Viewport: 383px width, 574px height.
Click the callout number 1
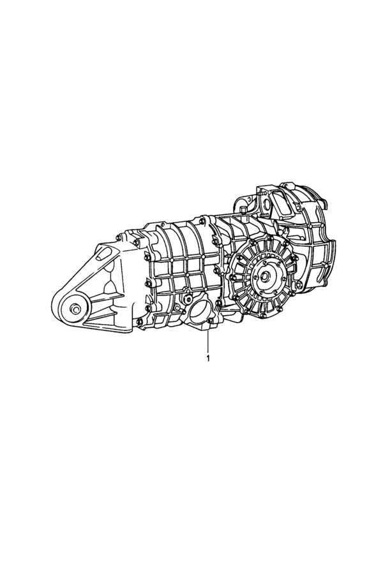(x=208, y=358)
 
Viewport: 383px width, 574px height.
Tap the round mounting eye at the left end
(x=75, y=309)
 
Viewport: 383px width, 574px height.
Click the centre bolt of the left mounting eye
(x=75, y=309)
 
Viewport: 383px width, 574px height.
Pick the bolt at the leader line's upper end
(x=209, y=321)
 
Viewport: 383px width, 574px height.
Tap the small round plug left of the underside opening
(x=188, y=295)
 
